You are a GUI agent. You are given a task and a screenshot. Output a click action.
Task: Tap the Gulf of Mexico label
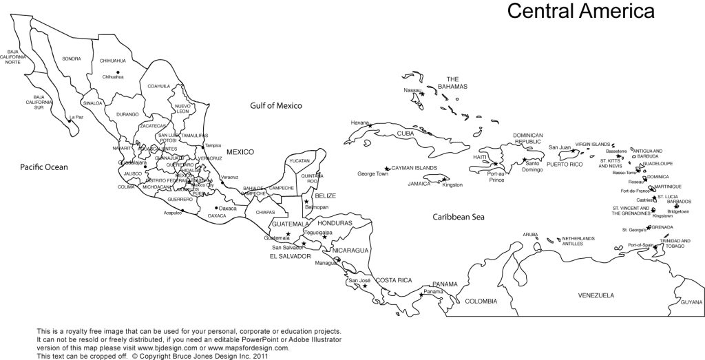point(276,105)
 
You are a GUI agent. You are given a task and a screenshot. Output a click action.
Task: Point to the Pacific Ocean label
point(44,167)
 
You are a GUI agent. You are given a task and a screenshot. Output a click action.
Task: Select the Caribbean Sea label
point(459,217)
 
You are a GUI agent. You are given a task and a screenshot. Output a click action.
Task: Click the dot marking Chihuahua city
point(118,72)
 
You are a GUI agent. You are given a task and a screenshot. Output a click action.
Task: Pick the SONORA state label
point(72,59)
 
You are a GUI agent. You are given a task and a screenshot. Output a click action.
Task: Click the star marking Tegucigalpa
point(324,237)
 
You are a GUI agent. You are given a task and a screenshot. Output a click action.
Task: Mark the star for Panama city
point(421,296)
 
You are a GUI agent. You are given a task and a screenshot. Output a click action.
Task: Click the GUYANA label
point(691,302)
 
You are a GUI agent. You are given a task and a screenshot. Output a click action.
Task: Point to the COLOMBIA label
point(480,301)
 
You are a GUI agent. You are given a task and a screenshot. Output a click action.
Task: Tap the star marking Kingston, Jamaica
point(444,180)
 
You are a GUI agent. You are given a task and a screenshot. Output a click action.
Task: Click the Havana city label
point(360,123)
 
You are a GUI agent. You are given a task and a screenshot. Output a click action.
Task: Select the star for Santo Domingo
point(525,160)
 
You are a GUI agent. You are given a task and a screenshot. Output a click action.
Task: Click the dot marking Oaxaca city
point(216,207)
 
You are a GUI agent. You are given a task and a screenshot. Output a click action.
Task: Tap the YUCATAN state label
point(299,160)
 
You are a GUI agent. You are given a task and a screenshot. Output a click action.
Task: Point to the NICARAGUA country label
point(350,250)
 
